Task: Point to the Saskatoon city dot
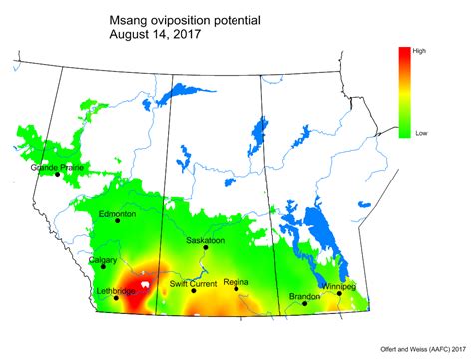(x=206, y=248)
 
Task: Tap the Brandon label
(x=305, y=296)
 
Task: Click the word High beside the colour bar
(x=419, y=49)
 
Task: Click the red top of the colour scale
(x=403, y=53)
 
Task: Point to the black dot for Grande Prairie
(x=57, y=174)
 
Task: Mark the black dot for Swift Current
(x=192, y=291)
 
